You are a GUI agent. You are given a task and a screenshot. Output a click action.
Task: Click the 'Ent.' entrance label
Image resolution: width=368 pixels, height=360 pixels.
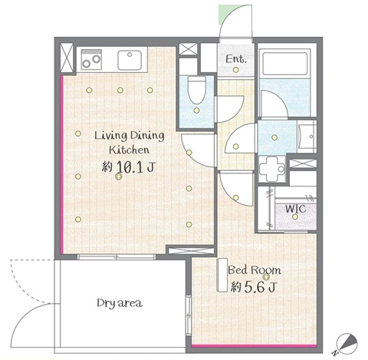pos(236,59)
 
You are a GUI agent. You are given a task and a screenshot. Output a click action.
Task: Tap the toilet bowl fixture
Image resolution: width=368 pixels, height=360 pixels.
pos(196,90)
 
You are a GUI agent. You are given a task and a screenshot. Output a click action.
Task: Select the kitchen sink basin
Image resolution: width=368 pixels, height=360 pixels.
pos(130,60)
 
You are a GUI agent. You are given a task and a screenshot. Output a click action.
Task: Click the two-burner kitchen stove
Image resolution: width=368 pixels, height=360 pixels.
pos(91,60)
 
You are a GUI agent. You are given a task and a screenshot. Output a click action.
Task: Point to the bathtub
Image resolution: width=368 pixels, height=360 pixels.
pos(285,64)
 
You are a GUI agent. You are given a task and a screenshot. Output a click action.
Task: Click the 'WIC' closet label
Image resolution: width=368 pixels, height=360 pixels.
pos(296,209)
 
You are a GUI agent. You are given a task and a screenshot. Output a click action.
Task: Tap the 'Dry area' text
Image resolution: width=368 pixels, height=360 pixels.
pos(120,303)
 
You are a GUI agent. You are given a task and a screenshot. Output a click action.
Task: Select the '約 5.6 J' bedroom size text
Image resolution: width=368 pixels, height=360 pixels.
pos(254,287)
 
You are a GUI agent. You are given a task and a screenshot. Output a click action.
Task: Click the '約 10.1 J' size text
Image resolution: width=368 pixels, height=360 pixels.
pos(128,167)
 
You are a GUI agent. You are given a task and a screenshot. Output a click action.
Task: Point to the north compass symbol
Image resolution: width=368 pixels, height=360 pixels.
pos(347,343)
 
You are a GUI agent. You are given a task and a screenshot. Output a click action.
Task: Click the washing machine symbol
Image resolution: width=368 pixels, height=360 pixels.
pos(272,169)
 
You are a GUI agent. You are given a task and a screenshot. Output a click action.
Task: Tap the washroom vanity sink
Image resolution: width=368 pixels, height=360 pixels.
pos(307,137)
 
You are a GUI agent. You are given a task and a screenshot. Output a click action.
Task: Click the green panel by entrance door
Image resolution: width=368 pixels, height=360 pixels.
pos(227,15)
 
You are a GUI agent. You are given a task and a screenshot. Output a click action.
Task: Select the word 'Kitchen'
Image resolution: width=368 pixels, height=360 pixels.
pos(130,150)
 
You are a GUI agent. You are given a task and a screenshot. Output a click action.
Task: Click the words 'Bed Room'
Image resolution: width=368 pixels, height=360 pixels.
pos(255,270)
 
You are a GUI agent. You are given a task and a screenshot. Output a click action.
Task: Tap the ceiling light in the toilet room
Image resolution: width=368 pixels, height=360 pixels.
pos(196,111)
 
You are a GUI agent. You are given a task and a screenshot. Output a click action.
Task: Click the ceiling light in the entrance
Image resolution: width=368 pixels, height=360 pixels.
pos(236,70)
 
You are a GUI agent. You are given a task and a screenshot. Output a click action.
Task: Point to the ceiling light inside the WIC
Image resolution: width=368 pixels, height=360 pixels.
pos(295,216)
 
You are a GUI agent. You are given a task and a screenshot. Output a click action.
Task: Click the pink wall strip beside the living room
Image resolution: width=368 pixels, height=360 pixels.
pos(61,164)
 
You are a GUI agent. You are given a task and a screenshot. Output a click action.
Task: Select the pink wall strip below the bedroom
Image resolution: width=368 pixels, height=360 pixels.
pos(254,346)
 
